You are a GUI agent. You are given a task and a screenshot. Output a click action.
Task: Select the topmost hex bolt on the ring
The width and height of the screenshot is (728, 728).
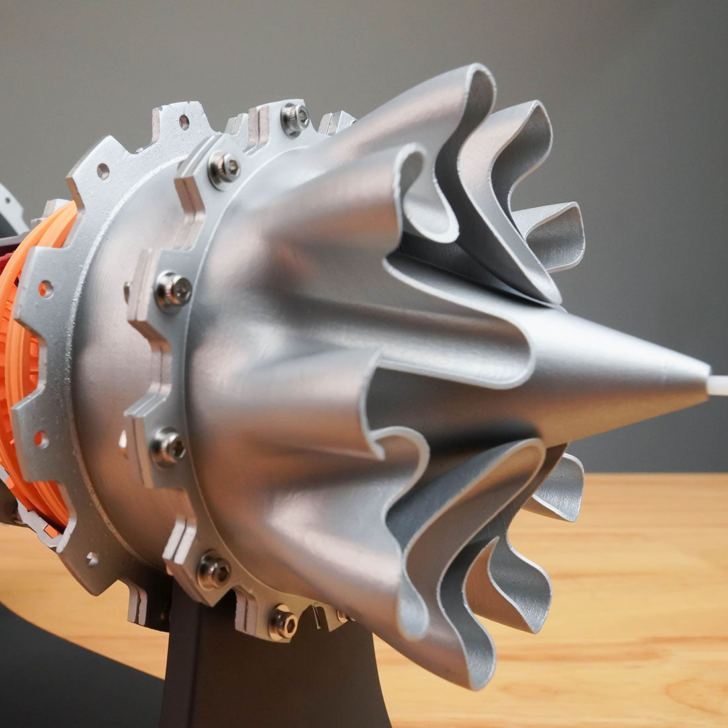(295, 118)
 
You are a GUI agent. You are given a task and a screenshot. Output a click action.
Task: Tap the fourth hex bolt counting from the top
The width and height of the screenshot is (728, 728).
(168, 447)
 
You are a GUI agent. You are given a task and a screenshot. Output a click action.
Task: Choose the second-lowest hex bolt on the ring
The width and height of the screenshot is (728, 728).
(213, 570)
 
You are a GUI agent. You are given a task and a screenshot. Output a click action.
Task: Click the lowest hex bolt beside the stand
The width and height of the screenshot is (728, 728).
(283, 622)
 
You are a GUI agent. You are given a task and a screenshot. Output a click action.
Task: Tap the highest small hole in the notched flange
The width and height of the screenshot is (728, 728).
(184, 122)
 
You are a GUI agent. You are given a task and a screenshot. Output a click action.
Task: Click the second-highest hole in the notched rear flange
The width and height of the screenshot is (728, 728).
(103, 172)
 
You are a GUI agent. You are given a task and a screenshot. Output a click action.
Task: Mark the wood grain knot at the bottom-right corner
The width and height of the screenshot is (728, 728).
(702, 695)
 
